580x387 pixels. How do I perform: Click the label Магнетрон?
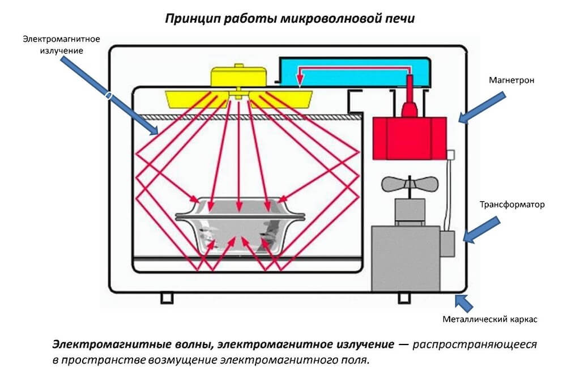click(x=511, y=80)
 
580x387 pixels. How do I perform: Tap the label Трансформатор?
click(x=512, y=205)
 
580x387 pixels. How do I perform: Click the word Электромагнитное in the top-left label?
click(x=61, y=39)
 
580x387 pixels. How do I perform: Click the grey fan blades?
click(x=409, y=185)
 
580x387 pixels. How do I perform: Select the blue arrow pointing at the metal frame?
click(x=464, y=303)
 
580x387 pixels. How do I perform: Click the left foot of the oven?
click(x=167, y=297)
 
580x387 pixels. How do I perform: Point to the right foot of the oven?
click(x=403, y=297)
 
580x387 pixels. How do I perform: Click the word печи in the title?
click(x=400, y=19)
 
